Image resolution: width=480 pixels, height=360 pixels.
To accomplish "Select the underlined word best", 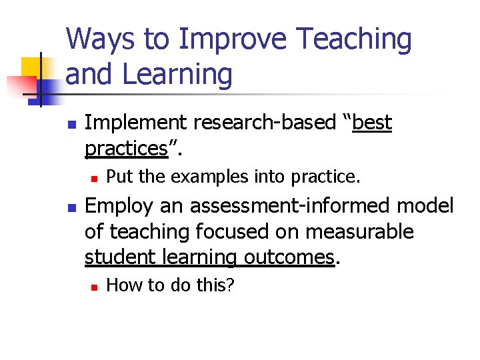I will (372, 123).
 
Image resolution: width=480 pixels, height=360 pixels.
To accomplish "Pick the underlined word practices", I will (125, 148).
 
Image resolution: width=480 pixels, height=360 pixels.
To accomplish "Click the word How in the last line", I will (121, 285).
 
